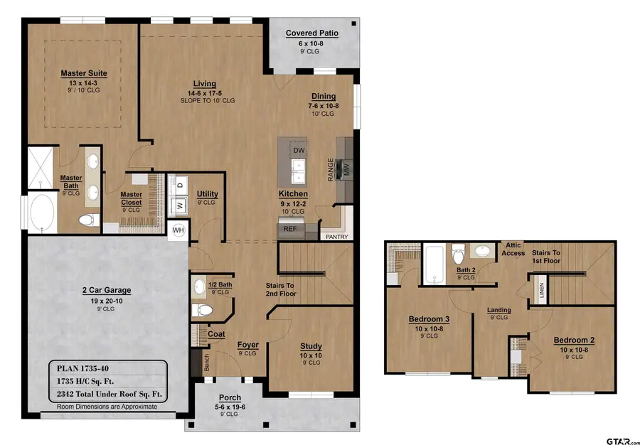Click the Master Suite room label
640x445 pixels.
(x=84, y=73)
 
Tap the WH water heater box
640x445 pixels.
(x=178, y=230)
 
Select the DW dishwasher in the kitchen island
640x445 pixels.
(x=299, y=151)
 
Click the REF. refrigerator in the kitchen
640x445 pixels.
(x=290, y=229)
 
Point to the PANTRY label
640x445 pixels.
(x=337, y=237)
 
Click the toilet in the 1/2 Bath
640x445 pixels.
(x=202, y=310)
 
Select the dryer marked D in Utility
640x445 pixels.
(x=180, y=184)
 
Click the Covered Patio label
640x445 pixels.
(x=312, y=33)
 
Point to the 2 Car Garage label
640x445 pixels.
(x=107, y=291)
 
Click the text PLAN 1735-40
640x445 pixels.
(x=83, y=368)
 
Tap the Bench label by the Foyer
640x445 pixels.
(x=206, y=363)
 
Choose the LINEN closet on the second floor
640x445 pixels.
(x=542, y=290)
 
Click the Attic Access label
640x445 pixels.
(x=513, y=249)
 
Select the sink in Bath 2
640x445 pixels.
(x=484, y=251)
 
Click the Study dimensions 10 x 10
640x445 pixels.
(x=311, y=355)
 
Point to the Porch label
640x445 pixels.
(x=230, y=397)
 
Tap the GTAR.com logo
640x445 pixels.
(x=622, y=441)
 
